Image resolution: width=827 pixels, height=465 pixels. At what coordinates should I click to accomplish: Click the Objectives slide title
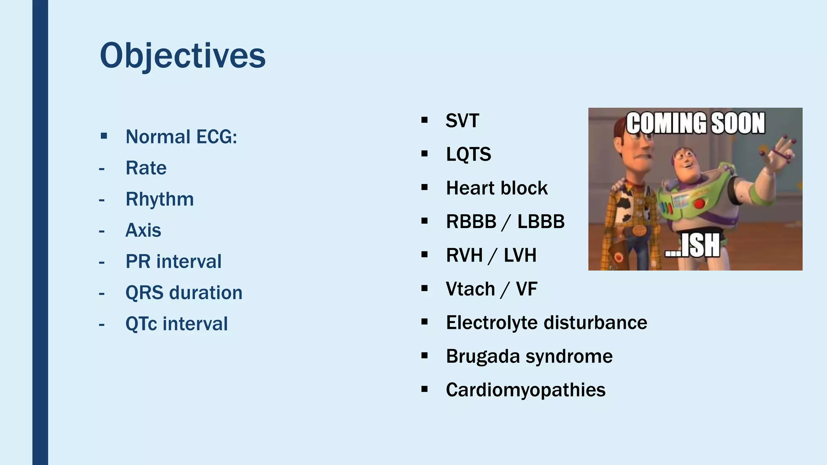[x=183, y=56]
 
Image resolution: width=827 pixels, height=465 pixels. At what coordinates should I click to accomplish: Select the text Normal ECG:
[x=181, y=137]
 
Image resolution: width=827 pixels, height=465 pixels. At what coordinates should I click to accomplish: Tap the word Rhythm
[x=160, y=199]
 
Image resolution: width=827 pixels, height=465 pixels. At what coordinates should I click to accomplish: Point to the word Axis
[x=143, y=230]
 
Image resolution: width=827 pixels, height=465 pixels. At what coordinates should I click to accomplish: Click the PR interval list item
[x=173, y=262]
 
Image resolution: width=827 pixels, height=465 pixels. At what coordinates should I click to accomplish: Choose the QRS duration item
[x=184, y=293]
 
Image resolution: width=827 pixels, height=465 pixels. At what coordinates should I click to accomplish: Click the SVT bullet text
[x=462, y=121]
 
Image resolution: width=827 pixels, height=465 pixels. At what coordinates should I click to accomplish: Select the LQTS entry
[x=468, y=154]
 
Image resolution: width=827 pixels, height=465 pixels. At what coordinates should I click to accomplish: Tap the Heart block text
[x=497, y=188]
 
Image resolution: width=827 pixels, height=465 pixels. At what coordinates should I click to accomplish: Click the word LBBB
[x=541, y=222]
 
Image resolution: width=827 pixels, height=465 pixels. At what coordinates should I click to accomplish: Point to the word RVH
[x=464, y=256]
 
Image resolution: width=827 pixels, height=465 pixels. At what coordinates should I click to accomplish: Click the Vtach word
[x=470, y=289]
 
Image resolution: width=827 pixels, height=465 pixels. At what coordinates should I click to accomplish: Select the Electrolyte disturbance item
[x=546, y=323]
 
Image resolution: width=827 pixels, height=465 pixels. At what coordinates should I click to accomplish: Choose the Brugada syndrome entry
[x=529, y=356]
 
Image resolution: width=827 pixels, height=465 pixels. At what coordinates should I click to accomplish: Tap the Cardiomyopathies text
[x=525, y=390]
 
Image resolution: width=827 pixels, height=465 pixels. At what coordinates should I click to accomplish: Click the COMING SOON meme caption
[x=695, y=123]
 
